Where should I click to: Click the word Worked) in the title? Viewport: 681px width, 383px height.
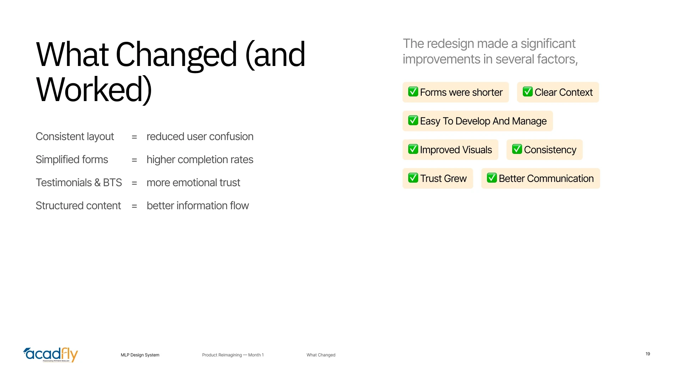(x=94, y=89)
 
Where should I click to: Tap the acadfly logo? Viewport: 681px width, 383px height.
(x=51, y=355)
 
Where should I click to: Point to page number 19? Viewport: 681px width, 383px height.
(x=648, y=354)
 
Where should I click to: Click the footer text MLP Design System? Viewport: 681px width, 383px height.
(x=140, y=355)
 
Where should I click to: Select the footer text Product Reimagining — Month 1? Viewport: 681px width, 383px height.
(x=233, y=355)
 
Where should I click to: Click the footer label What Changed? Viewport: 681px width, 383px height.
(x=321, y=355)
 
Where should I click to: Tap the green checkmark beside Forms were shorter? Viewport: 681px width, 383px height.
(x=413, y=91)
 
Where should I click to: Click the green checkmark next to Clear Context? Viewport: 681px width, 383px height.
(x=527, y=91)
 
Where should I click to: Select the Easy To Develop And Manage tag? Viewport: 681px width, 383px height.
(x=477, y=121)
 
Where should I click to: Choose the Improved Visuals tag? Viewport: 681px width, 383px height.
(x=450, y=150)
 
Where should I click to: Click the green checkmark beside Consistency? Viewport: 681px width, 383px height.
(x=517, y=149)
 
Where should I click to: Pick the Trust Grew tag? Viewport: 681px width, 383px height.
(x=438, y=178)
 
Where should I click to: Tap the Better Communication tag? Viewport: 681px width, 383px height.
(x=541, y=178)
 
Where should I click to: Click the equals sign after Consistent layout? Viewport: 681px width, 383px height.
(x=134, y=137)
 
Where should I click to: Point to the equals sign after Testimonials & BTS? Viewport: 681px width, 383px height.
(x=134, y=183)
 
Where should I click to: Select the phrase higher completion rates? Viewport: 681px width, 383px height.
(x=200, y=160)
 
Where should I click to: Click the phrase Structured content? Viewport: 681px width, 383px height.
(x=78, y=206)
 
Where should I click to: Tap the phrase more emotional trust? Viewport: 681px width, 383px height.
(x=193, y=183)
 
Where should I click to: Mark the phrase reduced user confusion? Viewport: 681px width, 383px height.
(x=200, y=137)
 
